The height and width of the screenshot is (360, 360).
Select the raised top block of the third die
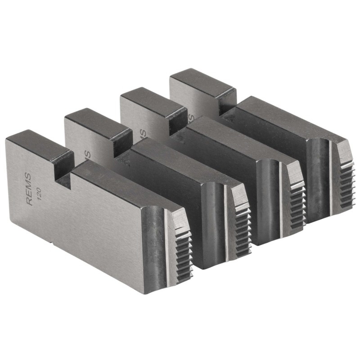coord(153,101)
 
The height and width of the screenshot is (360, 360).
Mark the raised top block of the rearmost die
coord(202,81)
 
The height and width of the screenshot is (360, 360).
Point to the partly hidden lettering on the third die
coord(143,133)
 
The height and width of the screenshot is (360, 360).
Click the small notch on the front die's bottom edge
coord(53,245)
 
